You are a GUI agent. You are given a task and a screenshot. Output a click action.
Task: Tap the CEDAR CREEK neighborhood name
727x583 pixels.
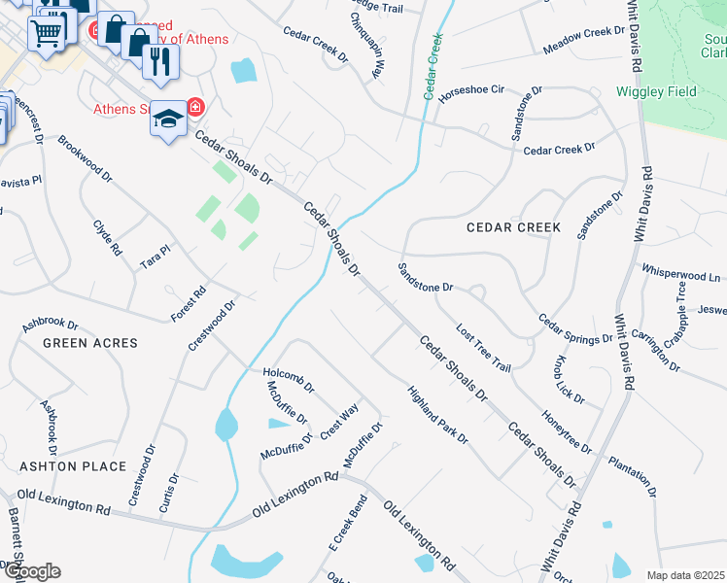click(x=513, y=227)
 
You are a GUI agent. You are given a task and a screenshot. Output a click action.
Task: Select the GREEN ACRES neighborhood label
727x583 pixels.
click(x=90, y=343)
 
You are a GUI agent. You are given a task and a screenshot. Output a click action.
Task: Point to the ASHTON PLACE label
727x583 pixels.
click(x=73, y=466)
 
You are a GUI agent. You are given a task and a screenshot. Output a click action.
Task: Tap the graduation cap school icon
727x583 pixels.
click(x=167, y=119)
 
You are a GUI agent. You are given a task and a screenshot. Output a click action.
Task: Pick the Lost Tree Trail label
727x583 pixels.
click(x=483, y=348)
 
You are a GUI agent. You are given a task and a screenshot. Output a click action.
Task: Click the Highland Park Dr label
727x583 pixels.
click(x=438, y=416)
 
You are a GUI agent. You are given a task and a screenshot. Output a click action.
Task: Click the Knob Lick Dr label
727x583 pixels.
click(x=569, y=379)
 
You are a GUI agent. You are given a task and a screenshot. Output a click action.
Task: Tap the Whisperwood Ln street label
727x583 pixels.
click(x=680, y=273)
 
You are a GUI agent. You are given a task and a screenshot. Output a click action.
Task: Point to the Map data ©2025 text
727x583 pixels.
click(x=685, y=575)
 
